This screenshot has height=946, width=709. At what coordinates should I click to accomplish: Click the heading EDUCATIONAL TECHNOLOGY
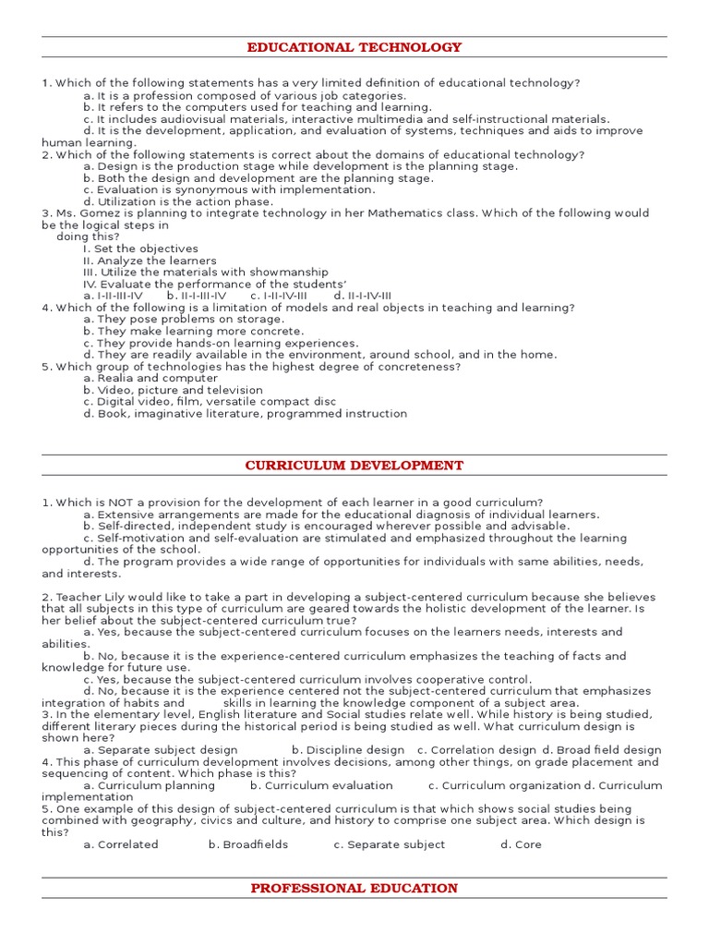[354, 47]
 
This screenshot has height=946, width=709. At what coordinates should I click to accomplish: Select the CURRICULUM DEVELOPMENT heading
[354, 466]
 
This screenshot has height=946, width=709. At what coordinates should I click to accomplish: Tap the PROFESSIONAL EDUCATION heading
[354, 889]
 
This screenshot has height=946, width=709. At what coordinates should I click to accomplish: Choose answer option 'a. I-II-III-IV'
[113, 296]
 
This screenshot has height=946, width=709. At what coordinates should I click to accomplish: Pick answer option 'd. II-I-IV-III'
[355, 296]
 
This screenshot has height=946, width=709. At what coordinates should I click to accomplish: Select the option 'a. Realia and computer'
[150, 378]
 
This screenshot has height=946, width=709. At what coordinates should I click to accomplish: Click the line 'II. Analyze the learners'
[150, 261]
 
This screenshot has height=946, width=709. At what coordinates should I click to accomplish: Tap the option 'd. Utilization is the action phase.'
[178, 201]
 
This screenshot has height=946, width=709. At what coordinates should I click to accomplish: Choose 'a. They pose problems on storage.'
[184, 320]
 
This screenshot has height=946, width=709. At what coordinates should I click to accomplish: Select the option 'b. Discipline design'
[348, 750]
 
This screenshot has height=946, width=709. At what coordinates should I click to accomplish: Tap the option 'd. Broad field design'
[602, 750]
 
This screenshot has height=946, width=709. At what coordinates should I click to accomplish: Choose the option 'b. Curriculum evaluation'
[321, 785]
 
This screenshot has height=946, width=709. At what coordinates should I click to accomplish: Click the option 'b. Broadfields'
[248, 844]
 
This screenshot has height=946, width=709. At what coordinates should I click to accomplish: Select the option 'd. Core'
[521, 844]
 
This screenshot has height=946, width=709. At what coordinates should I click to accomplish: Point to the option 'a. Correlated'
[121, 844]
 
